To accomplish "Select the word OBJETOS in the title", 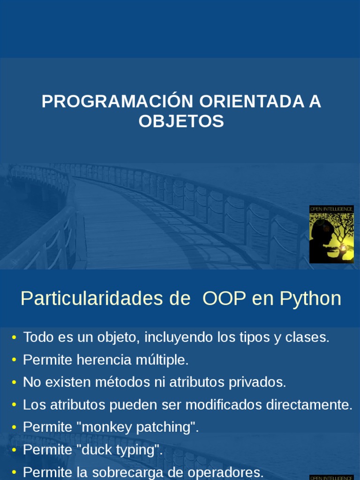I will pyautogui.click(x=181, y=121).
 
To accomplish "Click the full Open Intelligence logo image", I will pyautogui.click(x=331, y=234).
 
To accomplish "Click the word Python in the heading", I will pyautogui.click(x=310, y=299).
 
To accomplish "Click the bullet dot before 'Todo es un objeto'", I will pyautogui.click(x=14, y=337).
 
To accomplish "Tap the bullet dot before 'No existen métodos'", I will pyautogui.click(x=14, y=382).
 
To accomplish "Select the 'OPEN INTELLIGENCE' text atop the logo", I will pyautogui.click(x=331, y=209).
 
